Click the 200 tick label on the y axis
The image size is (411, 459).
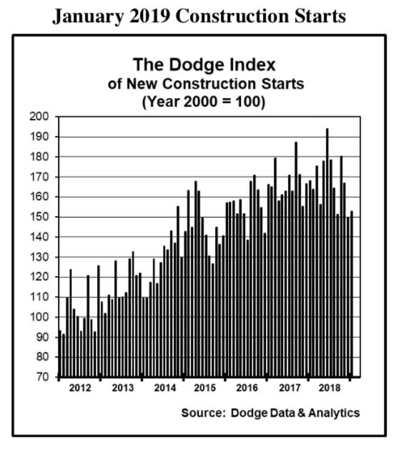pyautogui.click(x=39, y=117)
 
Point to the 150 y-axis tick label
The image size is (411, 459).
pyautogui.click(x=39, y=217)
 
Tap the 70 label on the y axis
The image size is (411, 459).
pyautogui.click(x=42, y=377)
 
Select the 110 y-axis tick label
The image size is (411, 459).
pyautogui.click(x=39, y=297)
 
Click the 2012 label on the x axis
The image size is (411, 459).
pyautogui.click(x=80, y=388)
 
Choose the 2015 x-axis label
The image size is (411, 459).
pyautogui.click(x=205, y=388)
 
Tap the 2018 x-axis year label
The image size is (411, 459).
pyautogui.click(x=330, y=388)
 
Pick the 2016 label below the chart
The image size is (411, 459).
pyautogui.click(x=247, y=388)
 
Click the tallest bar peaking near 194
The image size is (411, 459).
pyautogui.click(x=327, y=252)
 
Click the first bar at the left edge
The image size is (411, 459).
pyautogui.click(x=60, y=353)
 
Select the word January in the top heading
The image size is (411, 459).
pyautogui.click(x=88, y=16)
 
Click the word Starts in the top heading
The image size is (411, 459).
pyautogui.click(x=320, y=16)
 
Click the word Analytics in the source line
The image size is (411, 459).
pyautogui.click(x=334, y=413)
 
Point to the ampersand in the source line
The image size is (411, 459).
pyautogui.click(x=302, y=413)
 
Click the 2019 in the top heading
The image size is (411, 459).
pyautogui.click(x=149, y=16)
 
